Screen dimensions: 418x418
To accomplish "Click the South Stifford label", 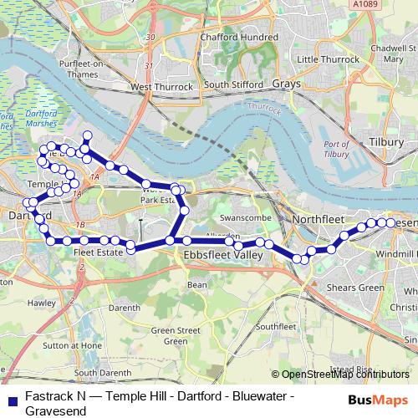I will point(228,84).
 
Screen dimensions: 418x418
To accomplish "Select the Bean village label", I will point(196,285).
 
